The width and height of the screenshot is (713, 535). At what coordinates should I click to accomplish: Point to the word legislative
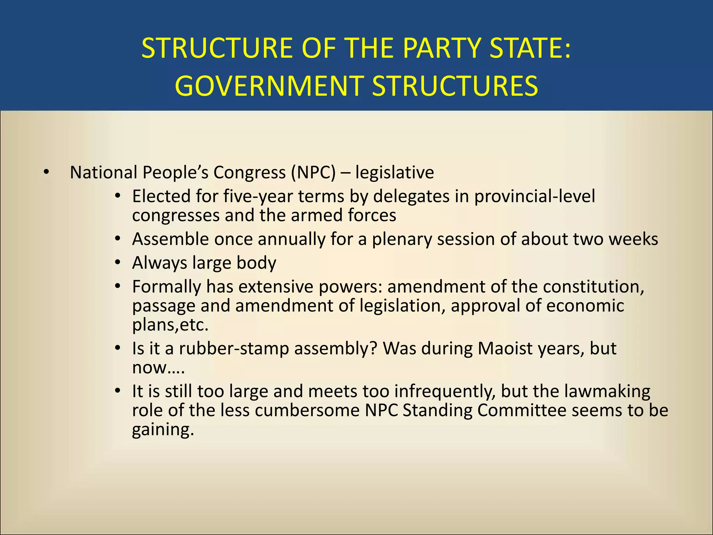click(x=394, y=172)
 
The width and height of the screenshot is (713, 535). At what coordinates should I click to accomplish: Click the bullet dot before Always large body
click(x=118, y=262)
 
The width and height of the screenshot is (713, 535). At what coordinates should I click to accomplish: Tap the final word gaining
click(x=163, y=429)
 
